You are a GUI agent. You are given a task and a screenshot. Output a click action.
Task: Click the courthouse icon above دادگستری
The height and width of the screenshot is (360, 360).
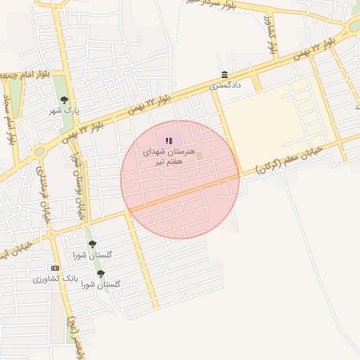point(224,75)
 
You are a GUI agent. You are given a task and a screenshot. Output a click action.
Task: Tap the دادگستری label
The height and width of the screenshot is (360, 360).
point(225,85)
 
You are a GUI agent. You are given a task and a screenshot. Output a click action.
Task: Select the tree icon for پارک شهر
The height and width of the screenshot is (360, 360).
point(65,101)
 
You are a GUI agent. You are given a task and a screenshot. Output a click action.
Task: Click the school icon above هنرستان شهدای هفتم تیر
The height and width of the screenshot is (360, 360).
point(169,141)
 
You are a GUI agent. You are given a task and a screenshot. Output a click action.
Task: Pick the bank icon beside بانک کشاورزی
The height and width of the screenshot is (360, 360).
point(55,267)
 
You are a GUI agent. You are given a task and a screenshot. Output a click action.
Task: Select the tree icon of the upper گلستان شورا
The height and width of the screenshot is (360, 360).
point(92,244)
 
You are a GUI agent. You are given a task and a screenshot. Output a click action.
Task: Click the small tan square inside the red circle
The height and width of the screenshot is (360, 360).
point(199,155)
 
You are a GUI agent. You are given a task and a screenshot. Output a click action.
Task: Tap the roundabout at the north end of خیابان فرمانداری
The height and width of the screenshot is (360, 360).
point(39,150)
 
